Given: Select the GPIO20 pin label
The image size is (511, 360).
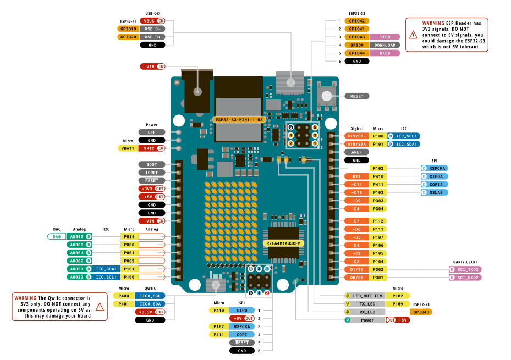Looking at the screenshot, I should (x=128, y=37).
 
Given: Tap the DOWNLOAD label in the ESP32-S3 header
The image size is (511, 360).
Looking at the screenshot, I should (x=384, y=45).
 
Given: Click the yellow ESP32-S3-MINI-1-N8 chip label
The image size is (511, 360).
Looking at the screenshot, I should (x=239, y=119).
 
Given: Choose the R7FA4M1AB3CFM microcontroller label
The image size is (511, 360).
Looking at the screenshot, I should (x=284, y=243).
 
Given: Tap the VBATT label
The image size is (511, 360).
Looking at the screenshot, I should (x=128, y=148).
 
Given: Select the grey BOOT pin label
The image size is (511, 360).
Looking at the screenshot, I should (x=151, y=164).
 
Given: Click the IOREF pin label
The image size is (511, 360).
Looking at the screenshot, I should (x=151, y=173).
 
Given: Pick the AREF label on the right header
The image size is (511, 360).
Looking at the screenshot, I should (x=357, y=152).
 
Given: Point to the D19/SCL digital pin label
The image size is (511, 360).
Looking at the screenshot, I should (x=357, y=136).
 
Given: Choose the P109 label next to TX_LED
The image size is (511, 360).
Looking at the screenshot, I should (x=398, y=303).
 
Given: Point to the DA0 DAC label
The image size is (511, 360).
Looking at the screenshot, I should (x=57, y=236).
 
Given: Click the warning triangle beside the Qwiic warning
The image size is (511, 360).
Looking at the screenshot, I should (x=100, y=307).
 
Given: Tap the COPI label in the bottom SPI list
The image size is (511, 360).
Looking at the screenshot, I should (x=241, y=334).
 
